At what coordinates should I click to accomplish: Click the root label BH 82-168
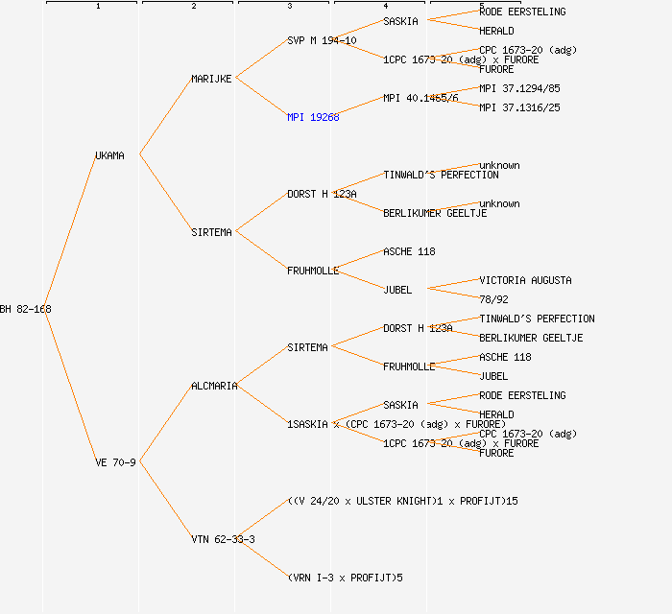(x=26, y=309)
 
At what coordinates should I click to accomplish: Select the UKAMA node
(x=109, y=155)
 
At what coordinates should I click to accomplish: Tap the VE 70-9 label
(x=115, y=462)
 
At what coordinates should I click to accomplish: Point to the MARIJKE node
(x=211, y=79)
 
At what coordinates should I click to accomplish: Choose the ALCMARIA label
(x=214, y=386)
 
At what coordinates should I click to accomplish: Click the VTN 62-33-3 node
(x=223, y=539)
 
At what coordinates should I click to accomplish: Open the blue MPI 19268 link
(x=313, y=117)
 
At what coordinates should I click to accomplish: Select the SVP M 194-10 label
(x=322, y=40)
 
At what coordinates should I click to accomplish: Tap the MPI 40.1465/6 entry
(x=420, y=98)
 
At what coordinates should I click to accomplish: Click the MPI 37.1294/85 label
(x=519, y=88)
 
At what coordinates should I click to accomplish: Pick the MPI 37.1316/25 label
(x=519, y=107)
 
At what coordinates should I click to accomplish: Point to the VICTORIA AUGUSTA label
(x=525, y=280)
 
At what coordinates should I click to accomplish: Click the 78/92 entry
(x=493, y=299)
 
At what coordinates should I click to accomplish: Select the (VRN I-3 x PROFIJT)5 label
(x=346, y=578)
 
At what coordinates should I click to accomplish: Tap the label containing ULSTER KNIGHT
(x=402, y=501)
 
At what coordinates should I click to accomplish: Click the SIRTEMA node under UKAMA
(x=211, y=232)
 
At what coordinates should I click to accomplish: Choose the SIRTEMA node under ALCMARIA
(x=307, y=347)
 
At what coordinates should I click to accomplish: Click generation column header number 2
(x=193, y=7)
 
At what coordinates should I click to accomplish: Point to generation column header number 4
(x=385, y=7)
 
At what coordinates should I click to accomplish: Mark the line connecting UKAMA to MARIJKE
(x=165, y=116)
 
